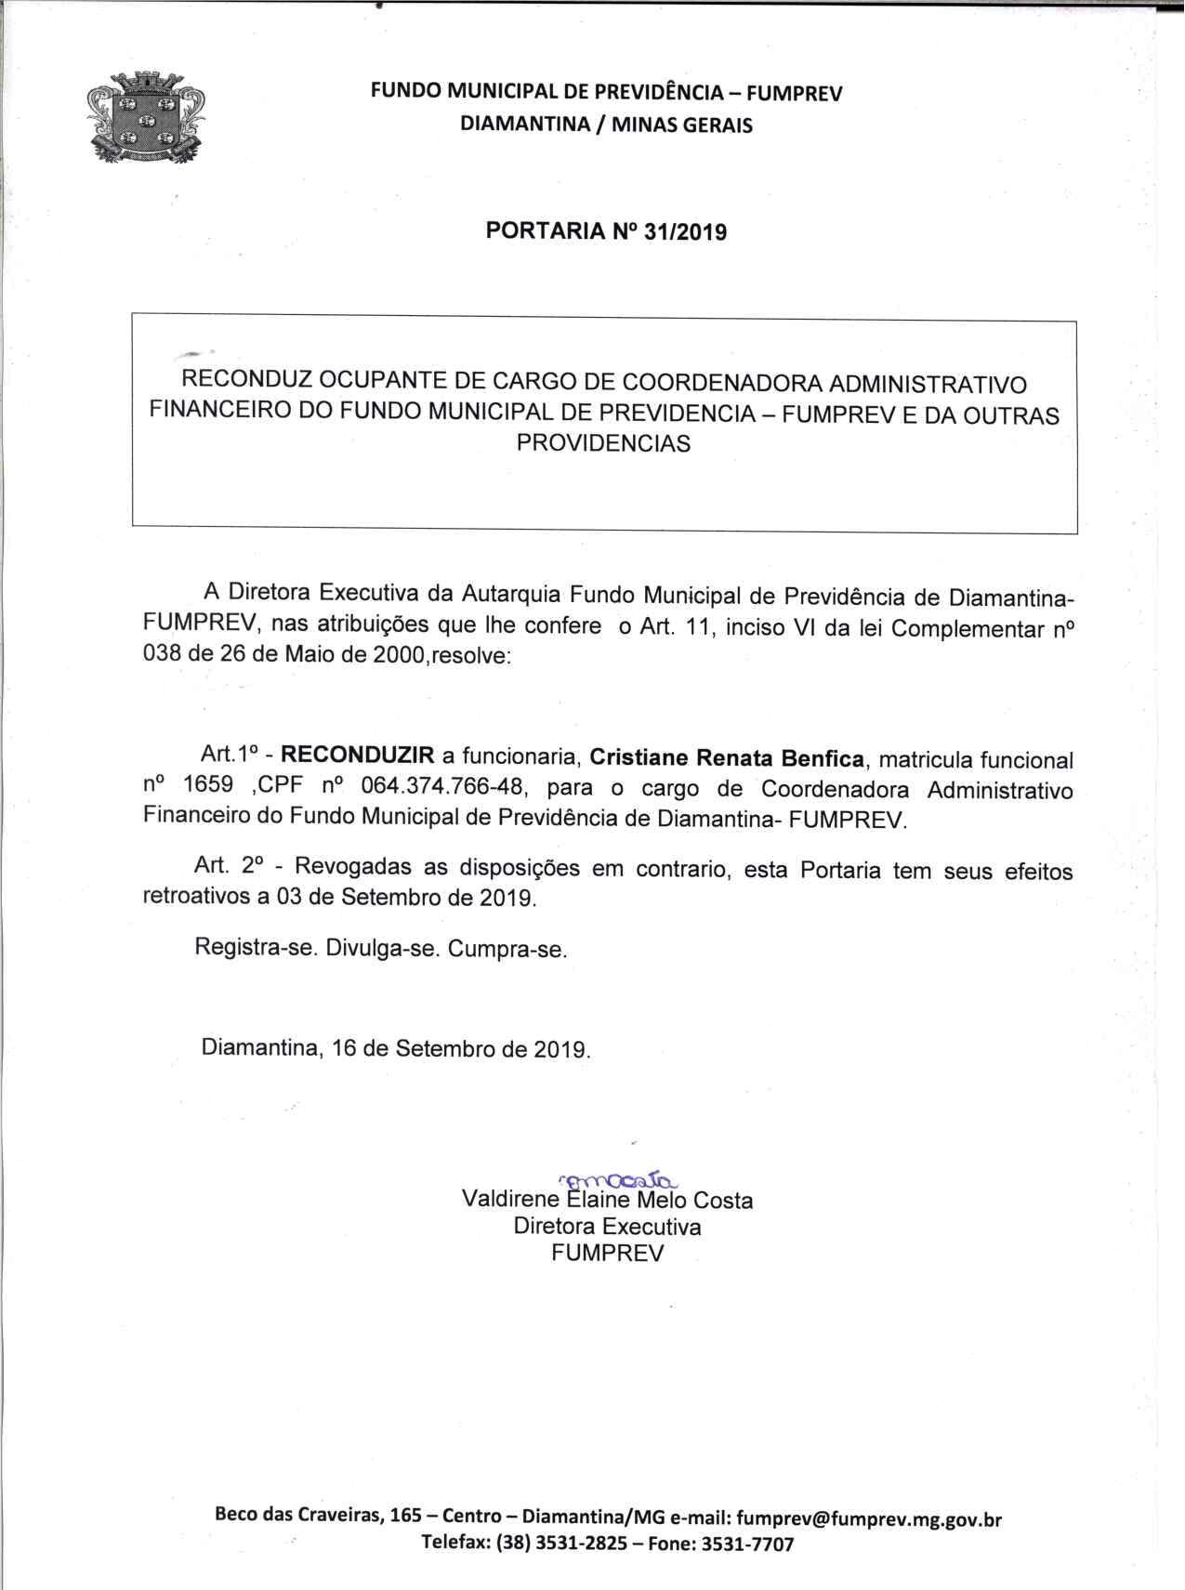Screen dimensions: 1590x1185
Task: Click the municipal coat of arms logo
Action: (145, 122)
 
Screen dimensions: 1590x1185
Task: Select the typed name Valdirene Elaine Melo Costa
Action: (607, 1201)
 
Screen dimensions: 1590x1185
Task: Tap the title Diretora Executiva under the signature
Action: (607, 1227)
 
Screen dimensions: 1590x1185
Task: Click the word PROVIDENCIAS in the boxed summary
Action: (603, 444)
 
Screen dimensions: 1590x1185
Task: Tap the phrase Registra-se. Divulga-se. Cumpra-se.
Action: (380, 950)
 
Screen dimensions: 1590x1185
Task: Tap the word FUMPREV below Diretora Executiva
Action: (607, 1253)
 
